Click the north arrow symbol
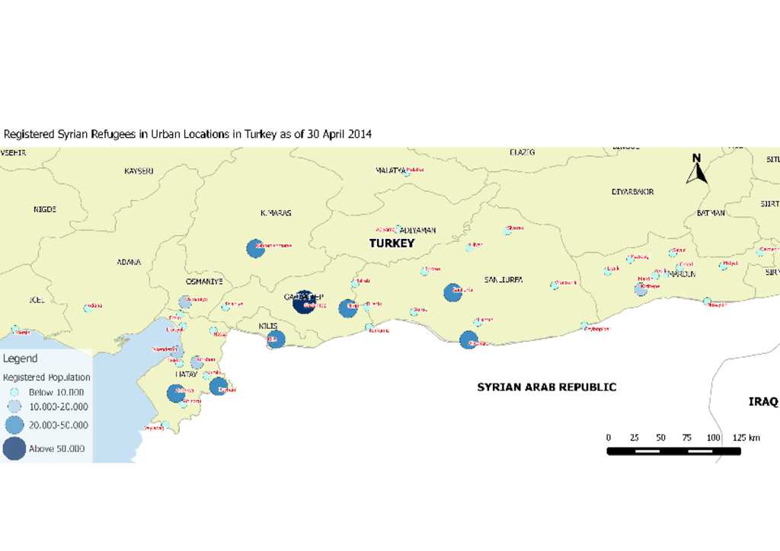[x=696, y=170]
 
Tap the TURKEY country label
[x=392, y=244]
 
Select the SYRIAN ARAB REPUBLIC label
[x=546, y=387]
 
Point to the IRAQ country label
[x=762, y=401]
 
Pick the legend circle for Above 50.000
[x=14, y=448]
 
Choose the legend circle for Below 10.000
[x=14, y=392]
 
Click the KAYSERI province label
[x=139, y=171]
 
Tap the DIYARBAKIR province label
[x=632, y=192]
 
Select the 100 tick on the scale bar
[x=713, y=438]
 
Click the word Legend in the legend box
[x=20, y=358]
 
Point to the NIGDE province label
[x=45, y=209]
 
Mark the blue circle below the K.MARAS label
[x=255, y=248]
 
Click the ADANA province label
[x=129, y=262]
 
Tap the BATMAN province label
[x=711, y=213]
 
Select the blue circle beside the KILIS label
[x=276, y=339]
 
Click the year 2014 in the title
[x=360, y=134]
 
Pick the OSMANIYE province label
[x=204, y=282]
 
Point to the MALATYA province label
[x=390, y=170]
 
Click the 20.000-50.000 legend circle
[x=14, y=425]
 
